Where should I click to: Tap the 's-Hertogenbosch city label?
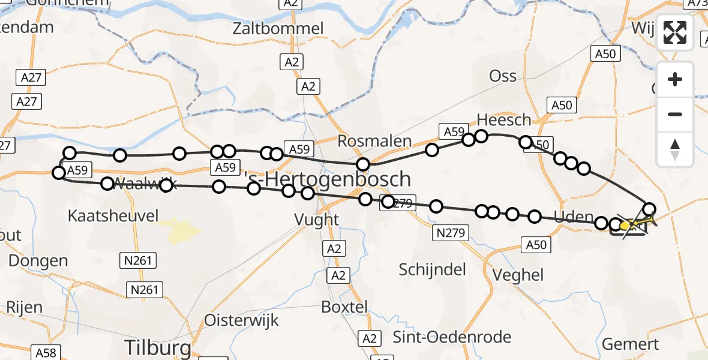click(x=329, y=179)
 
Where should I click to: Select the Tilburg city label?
click(x=158, y=347)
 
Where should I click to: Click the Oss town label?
click(x=503, y=76)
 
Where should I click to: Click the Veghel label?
click(x=518, y=275)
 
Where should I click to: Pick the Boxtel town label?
click(x=344, y=307)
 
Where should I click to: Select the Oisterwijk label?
click(x=242, y=320)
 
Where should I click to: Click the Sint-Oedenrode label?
click(x=452, y=337)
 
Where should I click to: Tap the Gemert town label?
click(x=630, y=344)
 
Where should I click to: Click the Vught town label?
click(x=317, y=220)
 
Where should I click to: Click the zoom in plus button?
click(x=675, y=80)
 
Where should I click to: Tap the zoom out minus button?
click(x=675, y=114)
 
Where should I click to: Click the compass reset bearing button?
click(x=675, y=148)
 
